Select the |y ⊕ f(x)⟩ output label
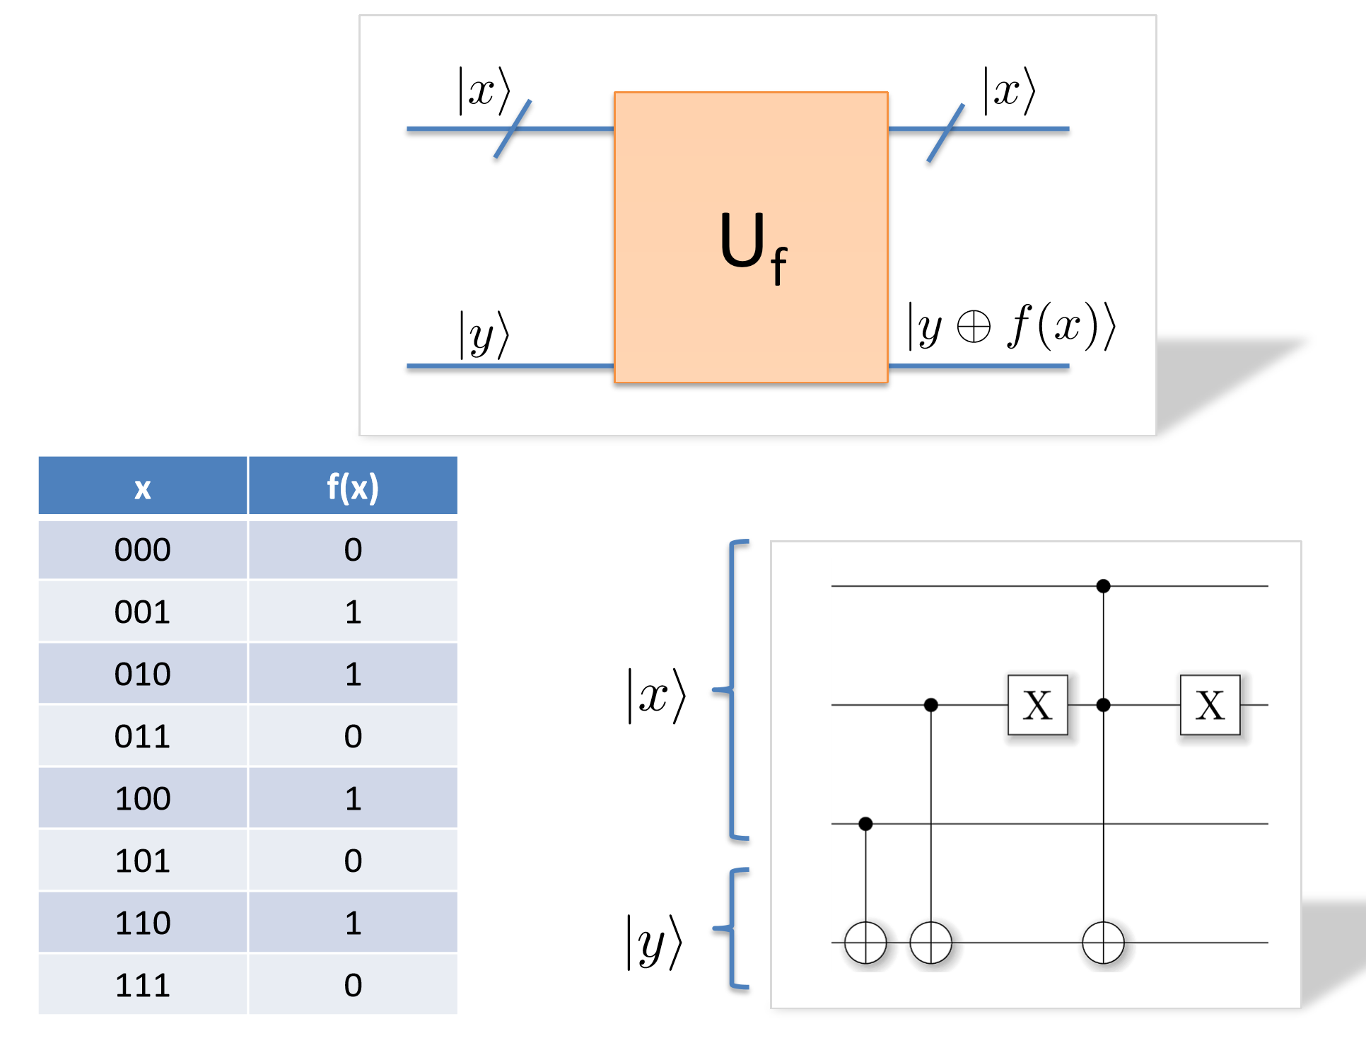(1011, 326)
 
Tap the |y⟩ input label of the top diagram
(484, 334)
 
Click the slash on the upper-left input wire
(513, 129)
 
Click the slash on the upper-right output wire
(945, 133)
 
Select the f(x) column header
(352, 486)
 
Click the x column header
(143, 486)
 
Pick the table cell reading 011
(143, 736)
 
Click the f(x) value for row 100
(352, 798)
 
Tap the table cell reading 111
(143, 985)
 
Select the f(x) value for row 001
(352, 612)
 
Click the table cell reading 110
(143, 923)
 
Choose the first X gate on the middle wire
(1037, 705)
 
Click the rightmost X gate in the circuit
(1210, 705)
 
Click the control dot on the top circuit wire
(1103, 586)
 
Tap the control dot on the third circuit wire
(865, 824)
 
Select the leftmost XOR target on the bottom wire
(865, 943)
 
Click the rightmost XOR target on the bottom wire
(1103, 943)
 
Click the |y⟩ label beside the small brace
(655, 943)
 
